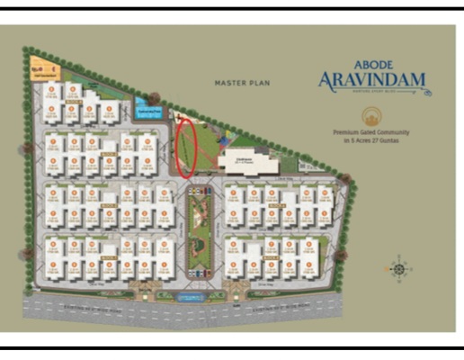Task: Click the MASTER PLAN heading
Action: (242, 83)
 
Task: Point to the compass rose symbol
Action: (399, 267)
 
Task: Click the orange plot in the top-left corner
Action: (40, 67)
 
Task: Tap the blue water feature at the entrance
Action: (190, 295)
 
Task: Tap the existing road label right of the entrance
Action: (288, 306)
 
